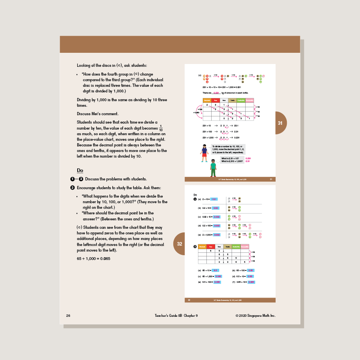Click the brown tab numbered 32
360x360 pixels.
click(x=179, y=244)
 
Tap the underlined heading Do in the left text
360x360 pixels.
click(x=80, y=170)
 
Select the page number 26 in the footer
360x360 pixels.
click(x=68, y=316)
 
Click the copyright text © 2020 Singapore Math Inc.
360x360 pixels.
click(x=255, y=316)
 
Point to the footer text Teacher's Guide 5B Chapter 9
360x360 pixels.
click(x=176, y=316)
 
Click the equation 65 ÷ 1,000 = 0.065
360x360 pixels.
click(x=94, y=258)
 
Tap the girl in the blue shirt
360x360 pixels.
click(x=204, y=153)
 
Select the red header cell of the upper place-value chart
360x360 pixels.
click(x=216, y=100)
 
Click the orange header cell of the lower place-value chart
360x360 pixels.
click(x=202, y=246)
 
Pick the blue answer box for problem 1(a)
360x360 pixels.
click(x=214, y=199)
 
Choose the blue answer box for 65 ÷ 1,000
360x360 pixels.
click(x=218, y=276)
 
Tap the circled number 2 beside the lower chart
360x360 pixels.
click(x=195, y=246)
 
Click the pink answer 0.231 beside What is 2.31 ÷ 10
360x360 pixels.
click(x=248, y=158)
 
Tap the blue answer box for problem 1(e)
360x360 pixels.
click(x=216, y=235)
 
